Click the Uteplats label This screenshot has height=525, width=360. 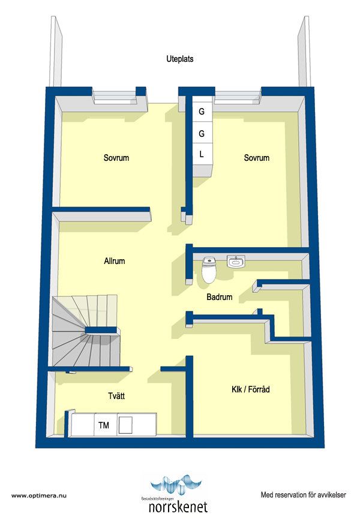(x=180, y=59)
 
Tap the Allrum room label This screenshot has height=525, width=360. (x=115, y=261)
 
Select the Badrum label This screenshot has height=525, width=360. (x=220, y=296)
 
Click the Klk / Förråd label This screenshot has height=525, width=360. (x=250, y=389)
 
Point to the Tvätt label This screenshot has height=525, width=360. (x=116, y=396)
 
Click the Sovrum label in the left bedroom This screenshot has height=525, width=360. (x=116, y=158)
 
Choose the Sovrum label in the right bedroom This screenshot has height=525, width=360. (x=257, y=158)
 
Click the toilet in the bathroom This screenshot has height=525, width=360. (x=209, y=269)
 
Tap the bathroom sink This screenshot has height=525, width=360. (x=236, y=261)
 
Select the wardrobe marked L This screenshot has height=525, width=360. (x=202, y=154)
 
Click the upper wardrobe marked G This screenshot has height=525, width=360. (x=202, y=111)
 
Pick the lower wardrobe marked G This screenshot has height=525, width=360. (x=202, y=133)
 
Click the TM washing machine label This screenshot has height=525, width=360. (x=104, y=425)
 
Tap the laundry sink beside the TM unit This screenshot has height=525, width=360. (x=125, y=425)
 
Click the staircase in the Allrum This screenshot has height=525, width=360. (x=86, y=330)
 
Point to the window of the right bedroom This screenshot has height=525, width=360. (x=238, y=96)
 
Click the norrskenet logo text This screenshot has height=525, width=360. (x=178, y=507)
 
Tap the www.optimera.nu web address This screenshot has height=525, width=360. (x=39, y=496)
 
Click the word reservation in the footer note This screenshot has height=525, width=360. (x=290, y=494)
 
